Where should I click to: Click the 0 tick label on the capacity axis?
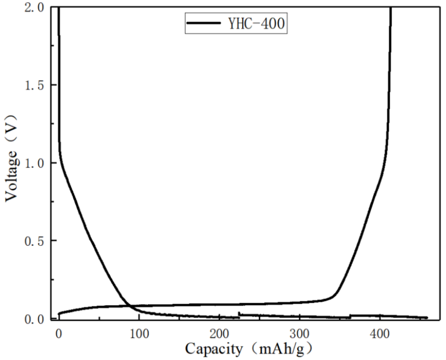click(x=59, y=334)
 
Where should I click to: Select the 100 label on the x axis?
click(x=139, y=334)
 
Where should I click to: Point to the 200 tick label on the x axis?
click(x=219, y=334)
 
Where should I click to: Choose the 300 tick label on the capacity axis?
click(x=299, y=334)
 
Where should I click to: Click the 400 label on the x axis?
click(x=379, y=334)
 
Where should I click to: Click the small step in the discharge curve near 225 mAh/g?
click(x=239, y=315)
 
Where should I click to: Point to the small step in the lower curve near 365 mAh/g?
click(x=350, y=316)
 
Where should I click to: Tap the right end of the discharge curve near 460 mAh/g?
click(x=427, y=317)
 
